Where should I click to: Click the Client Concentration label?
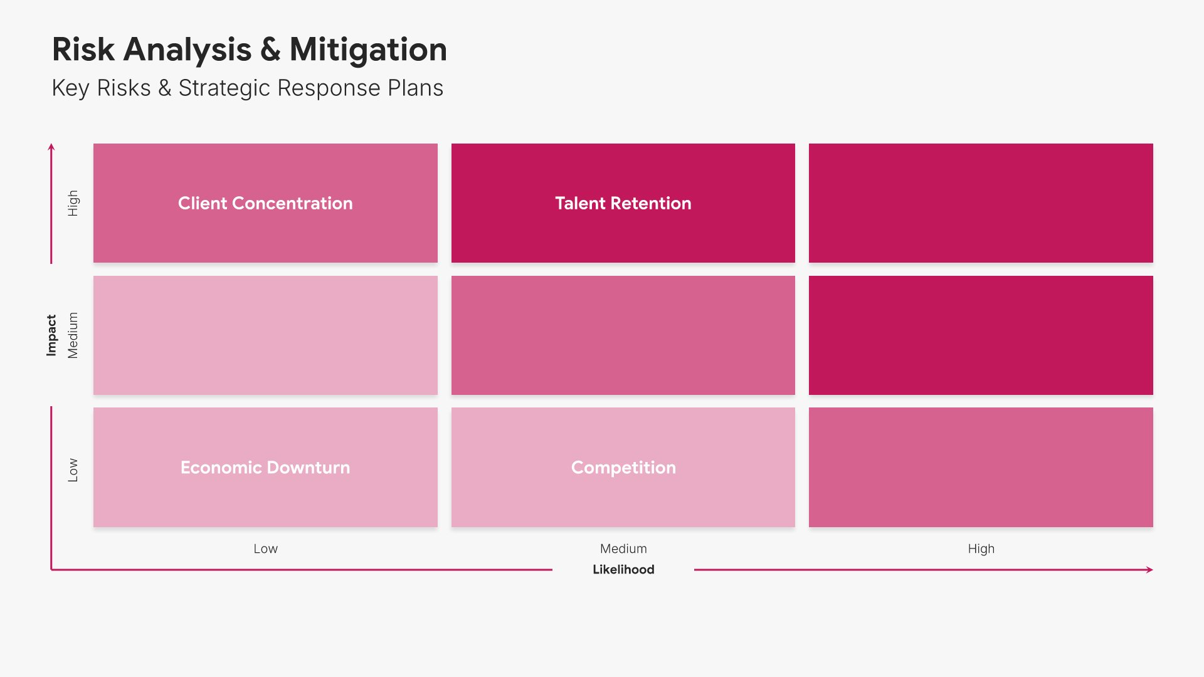pos(265,203)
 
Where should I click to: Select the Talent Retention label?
pos(623,203)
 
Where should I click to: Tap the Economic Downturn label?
pos(265,468)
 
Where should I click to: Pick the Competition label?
pos(623,468)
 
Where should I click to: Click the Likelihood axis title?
pos(623,569)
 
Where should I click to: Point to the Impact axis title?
pos(51,335)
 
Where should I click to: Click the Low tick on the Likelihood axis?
pos(265,548)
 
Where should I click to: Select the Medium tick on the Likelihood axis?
pos(623,548)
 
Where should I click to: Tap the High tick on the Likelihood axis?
pos(981,549)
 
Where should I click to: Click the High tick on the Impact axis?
pos(73,203)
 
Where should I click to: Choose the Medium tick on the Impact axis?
pos(73,335)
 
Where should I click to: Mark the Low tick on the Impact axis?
pos(73,470)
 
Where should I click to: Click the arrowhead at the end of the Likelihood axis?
pos(1150,570)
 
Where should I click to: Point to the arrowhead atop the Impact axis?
pos(51,147)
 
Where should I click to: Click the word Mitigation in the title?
pos(368,50)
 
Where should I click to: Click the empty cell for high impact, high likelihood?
pos(981,203)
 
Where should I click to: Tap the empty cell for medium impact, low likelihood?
pos(265,335)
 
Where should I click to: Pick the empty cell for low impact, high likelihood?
pos(981,468)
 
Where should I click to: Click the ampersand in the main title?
pos(270,50)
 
